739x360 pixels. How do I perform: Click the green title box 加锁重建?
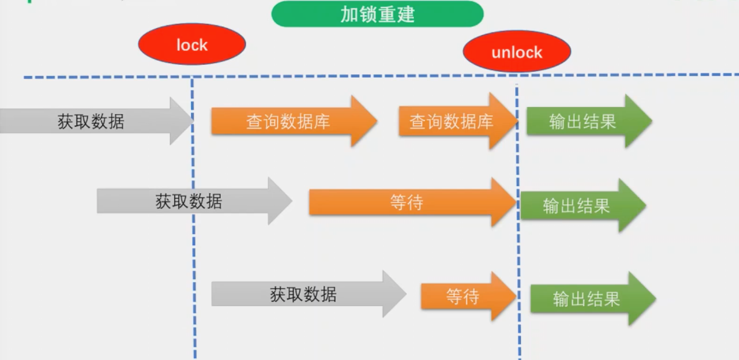377,14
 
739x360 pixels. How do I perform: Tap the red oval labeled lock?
192,45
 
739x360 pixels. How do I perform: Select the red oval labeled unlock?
517,52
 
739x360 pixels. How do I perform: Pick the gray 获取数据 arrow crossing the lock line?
189,201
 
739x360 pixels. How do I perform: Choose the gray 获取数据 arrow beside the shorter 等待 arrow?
303,294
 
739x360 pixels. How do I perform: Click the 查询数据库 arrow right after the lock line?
288,121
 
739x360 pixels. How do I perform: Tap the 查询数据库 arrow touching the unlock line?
452,121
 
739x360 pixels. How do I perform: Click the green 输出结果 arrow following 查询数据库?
583,121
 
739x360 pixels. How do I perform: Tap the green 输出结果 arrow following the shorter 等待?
587,299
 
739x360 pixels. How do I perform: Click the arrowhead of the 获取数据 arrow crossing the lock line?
280,201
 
